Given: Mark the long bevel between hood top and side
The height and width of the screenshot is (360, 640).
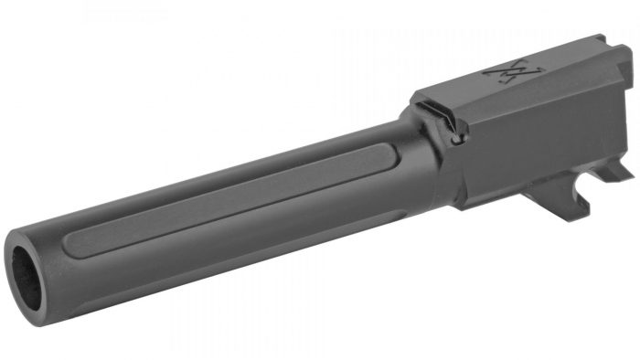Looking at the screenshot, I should (x=521, y=105).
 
